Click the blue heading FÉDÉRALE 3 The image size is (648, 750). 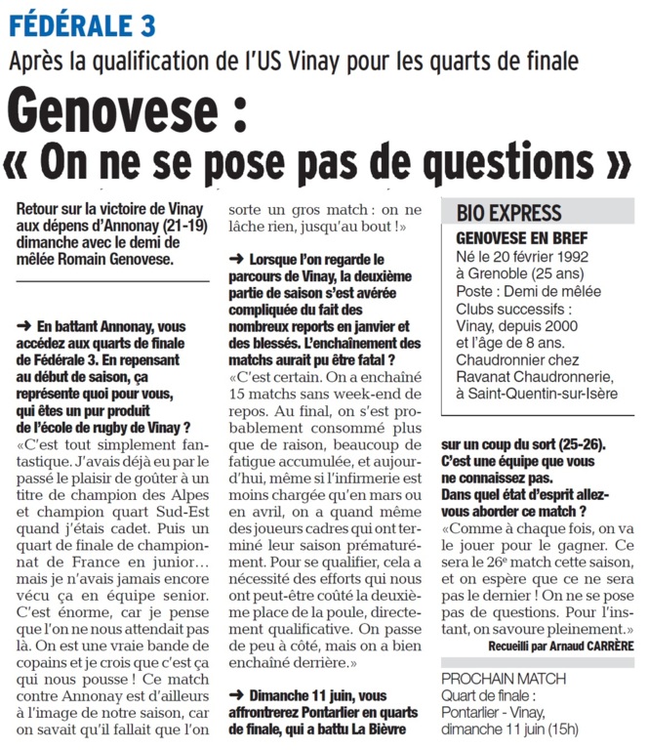click(81, 22)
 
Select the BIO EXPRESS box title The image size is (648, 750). click(509, 213)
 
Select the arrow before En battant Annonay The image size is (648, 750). click(24, 324)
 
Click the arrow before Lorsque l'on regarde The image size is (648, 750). click(236, 260)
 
